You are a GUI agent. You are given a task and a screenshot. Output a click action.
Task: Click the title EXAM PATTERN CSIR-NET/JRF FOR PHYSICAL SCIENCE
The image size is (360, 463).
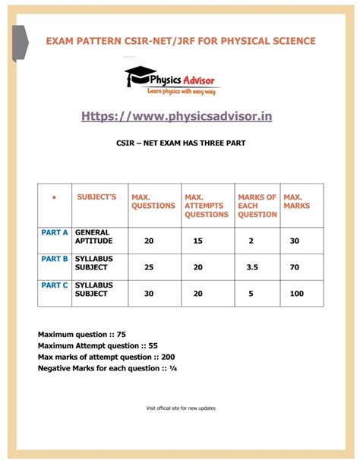point(181,40)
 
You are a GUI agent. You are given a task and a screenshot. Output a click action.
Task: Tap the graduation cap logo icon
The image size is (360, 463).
point(140,76)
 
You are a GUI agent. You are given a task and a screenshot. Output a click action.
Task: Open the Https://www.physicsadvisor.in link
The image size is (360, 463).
point(177,115)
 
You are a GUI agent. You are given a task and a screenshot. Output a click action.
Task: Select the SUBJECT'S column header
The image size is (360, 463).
point(97,197)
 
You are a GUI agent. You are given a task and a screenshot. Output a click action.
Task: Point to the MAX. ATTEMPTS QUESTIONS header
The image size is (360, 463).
point(206,205)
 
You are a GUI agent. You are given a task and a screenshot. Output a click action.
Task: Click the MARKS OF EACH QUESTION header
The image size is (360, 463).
point(257,205)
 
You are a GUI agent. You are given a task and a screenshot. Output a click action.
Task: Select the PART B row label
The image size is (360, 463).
point(55,259)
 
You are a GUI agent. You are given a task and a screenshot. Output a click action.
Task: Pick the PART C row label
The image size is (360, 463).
point(55,285)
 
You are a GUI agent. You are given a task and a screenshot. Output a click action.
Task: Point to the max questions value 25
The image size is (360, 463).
point(149,268)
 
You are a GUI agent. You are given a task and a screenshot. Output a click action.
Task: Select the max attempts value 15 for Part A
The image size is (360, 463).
point(198,241)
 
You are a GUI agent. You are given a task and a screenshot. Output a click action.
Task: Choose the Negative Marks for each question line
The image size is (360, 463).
point(107,368)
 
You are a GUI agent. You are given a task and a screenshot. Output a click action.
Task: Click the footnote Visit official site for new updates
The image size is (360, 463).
point(181,408)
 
